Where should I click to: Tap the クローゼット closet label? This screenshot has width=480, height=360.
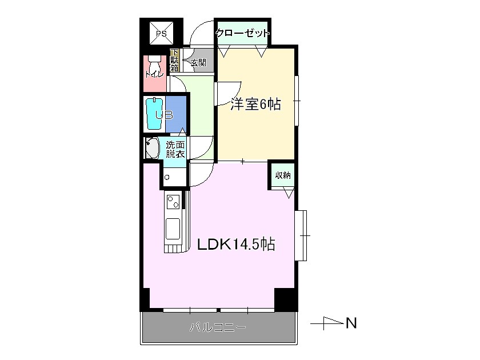tap(242, 34)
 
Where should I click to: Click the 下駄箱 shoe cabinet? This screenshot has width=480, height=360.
tap(174, 61)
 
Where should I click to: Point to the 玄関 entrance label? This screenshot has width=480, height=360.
tap(198, 62)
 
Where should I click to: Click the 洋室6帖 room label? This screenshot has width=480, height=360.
tap(255, 105)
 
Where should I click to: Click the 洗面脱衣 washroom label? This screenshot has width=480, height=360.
tap(175, 149)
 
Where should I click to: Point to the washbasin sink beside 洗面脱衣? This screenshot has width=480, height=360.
tap(152, 149)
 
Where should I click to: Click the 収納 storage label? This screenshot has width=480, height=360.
tap(283, 175)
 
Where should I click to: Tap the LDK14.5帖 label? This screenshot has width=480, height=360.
tap(236, 245)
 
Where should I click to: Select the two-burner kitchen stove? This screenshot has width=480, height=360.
tap(173, 202)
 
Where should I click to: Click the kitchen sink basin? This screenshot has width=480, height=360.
tap(173, 229)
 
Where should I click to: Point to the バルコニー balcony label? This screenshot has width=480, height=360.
tap(218, 328)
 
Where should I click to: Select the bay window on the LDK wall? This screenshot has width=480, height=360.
tap(303, 235)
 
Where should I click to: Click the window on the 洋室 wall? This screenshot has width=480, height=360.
tap(297, 100)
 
